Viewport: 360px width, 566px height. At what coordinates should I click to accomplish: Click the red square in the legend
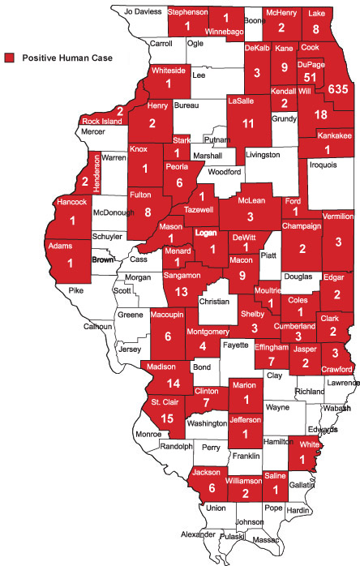coord(10,58)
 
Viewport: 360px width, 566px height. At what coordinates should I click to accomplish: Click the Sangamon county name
coord(182,276)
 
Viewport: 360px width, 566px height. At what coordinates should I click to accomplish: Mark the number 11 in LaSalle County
coord(249,124)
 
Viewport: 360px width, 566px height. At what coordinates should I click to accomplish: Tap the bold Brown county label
coord(102,259)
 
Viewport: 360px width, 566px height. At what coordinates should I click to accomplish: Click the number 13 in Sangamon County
coord(182,291)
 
